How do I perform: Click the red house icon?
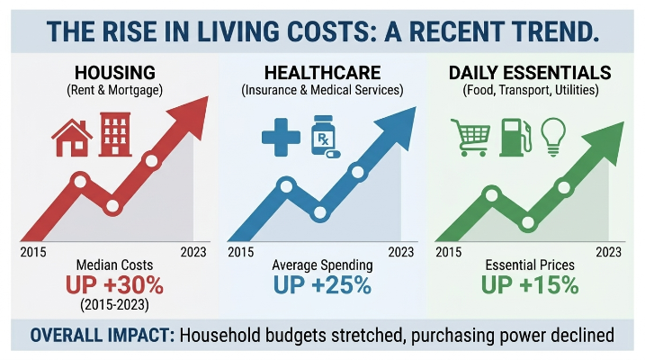pyautogui.click(x=72, y=138)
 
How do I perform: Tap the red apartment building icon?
pyautogui.click(x=115, y=134)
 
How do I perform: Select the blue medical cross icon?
pyautogui.click(x=281, y=138)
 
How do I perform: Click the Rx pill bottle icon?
pyautogui.click(x=325, y=137)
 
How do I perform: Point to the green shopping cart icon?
pyautogui.click(x=471, y=138)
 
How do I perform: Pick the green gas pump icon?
pyautogui.click(x=515, y=138)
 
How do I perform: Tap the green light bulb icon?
pyautogui.click(x=553, y=137)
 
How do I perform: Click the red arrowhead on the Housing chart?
pyautogui.click(x=191, y=115)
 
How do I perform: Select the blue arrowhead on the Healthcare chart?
pyautogui.click(x=399, y=125)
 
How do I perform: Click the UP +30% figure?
pyautogui.click(x=114, y=284)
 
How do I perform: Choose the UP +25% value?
pyautogui.click(x=322, y=284)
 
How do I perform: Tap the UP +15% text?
pyautogui.click(x=530, y=284)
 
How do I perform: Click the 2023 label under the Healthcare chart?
pyautogui.click(x=401, y=252)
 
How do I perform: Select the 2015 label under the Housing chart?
pyautogui.click(x=33, y=252)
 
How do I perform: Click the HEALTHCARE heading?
pyautogui.click(x=322, y=73)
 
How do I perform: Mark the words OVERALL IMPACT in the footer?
pyautogui.click(x=103, y=336)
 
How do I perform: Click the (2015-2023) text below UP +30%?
pyautogui.click(x=115, y=305)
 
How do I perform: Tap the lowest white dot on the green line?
pyautogui.click(x=528, y=223)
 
